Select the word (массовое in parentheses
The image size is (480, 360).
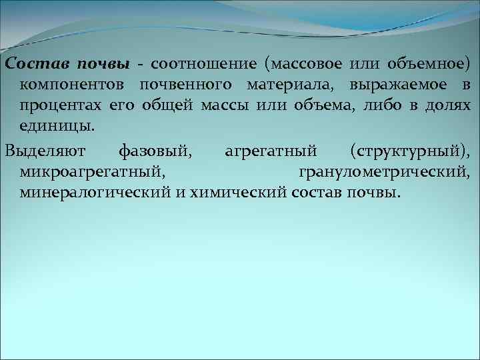303,64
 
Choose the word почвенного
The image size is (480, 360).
189,85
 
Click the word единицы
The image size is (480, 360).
57,126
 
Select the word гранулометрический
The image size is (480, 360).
383,172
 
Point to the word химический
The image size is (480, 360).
230,193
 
